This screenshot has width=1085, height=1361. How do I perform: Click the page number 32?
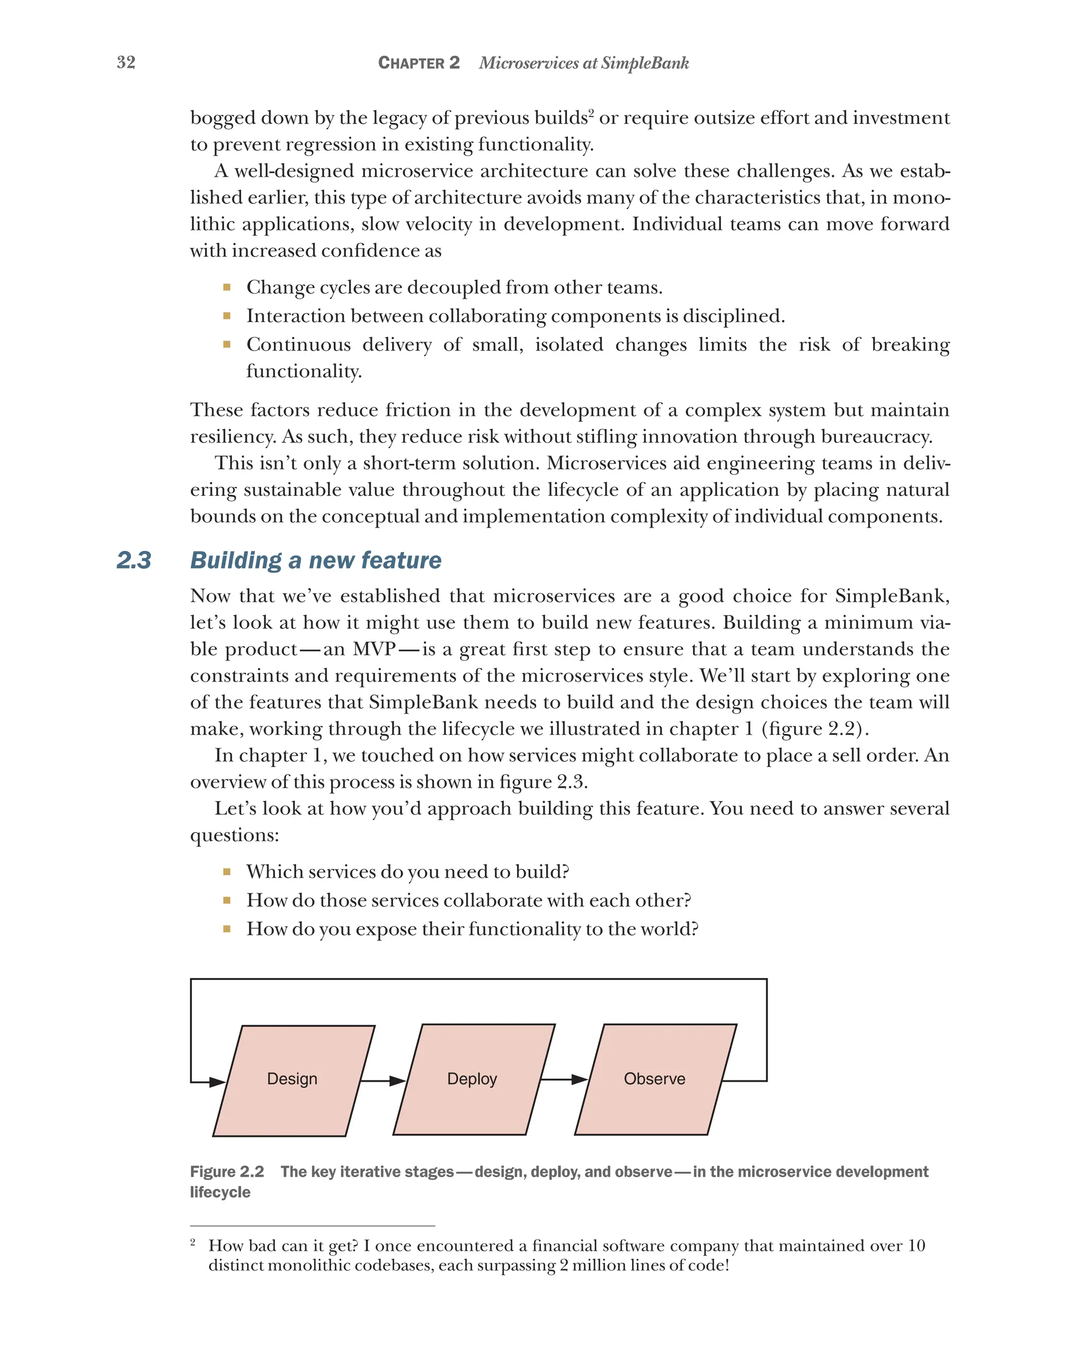pos(126,62)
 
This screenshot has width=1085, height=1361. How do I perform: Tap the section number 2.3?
pos(134,560)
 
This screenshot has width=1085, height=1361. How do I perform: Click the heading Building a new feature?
pos(316,560)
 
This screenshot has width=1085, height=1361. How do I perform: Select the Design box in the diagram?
pos(293,1079)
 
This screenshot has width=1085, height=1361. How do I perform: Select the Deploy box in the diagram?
pos(473,1079)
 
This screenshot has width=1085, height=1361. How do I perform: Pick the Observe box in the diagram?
pos(654,1079)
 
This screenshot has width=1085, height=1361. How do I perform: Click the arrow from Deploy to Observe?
pos(564,1080)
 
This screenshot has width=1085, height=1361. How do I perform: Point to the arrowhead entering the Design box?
pos(217,1082)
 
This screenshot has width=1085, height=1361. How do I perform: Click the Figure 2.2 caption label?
pos(227,1172)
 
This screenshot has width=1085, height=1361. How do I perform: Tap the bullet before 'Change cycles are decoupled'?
pos(227,288)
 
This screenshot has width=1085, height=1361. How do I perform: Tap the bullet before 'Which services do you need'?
pos(227,872)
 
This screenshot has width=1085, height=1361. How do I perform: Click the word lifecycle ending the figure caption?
pos(220,1192)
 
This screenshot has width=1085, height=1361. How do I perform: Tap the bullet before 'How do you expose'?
pos(227,929)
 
